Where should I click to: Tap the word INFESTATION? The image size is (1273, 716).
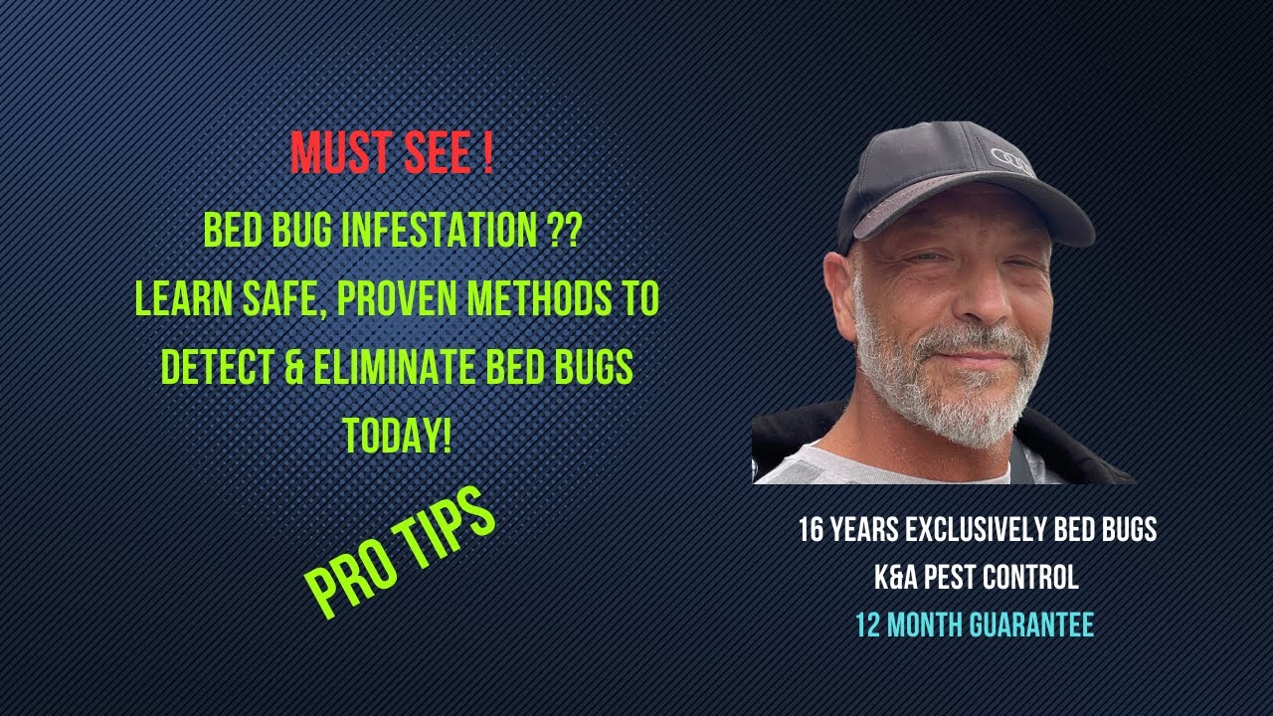click(x=440, y=232)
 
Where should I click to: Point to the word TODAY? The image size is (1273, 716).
click(x=397, y=435)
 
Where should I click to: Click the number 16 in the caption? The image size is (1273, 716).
click(x=811, y=530)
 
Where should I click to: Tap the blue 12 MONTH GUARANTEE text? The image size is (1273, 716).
click(x=975, y=625)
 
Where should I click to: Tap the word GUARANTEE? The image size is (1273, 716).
click(x=1034, y=625)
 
